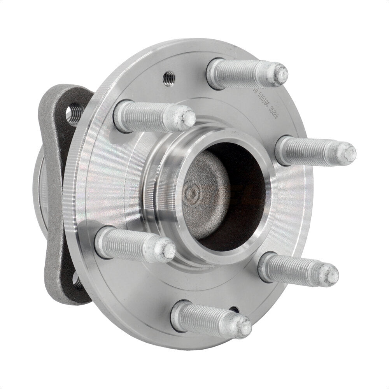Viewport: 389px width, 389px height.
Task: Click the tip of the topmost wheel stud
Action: tap(281, 73)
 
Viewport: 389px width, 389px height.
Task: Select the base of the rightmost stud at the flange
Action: tap(281, 149)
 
